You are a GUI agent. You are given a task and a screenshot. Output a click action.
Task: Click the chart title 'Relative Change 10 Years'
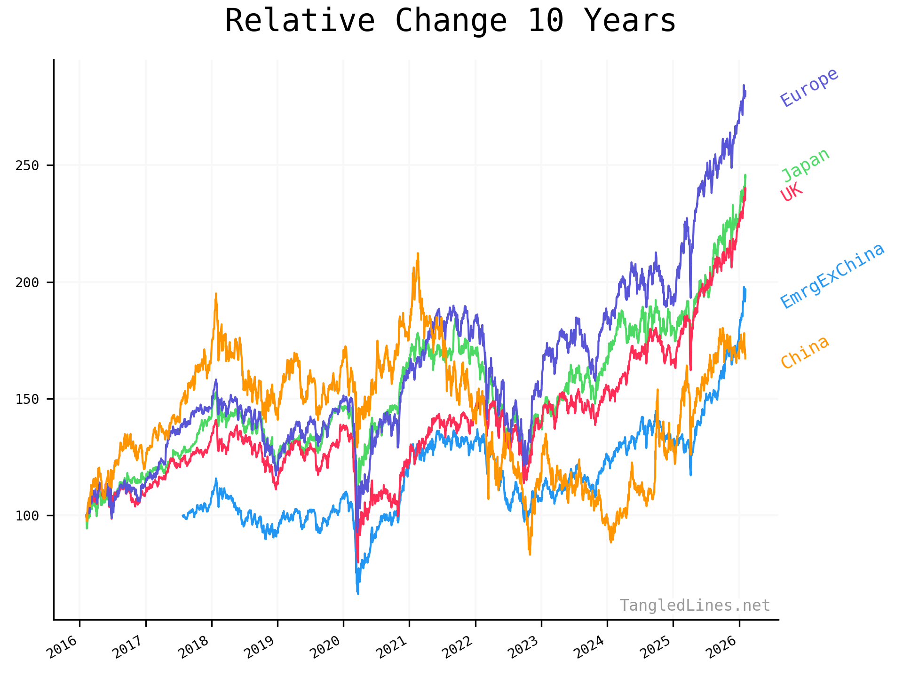coord(450,21)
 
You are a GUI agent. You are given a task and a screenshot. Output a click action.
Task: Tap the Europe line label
coord(809,87)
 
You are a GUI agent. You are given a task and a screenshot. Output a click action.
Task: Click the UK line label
coord(791,192)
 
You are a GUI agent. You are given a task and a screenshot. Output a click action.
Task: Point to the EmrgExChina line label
coord(832,276)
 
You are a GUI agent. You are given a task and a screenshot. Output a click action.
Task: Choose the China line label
coord(804,352)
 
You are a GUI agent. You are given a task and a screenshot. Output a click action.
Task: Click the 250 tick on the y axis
coord(27,165)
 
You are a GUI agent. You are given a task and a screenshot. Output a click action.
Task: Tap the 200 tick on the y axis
coord(27,282)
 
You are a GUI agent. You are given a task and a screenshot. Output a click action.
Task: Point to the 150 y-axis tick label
coord(27,399)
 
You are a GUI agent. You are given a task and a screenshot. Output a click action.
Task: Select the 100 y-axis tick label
coord(27,516)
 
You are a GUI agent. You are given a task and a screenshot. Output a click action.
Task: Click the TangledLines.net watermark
coord(695,606)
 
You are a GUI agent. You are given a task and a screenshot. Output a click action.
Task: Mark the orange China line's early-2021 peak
coord(418,253)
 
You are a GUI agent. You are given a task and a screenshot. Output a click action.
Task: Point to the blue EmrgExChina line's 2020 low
coord(358,594)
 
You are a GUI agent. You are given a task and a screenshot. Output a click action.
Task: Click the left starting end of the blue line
coord(182,516)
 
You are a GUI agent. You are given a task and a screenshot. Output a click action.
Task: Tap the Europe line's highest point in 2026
coord(744,86)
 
